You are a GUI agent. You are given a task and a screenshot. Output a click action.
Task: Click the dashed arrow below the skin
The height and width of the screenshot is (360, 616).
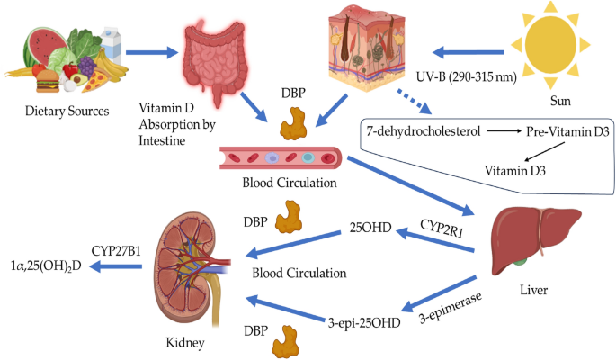pos(413,100)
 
